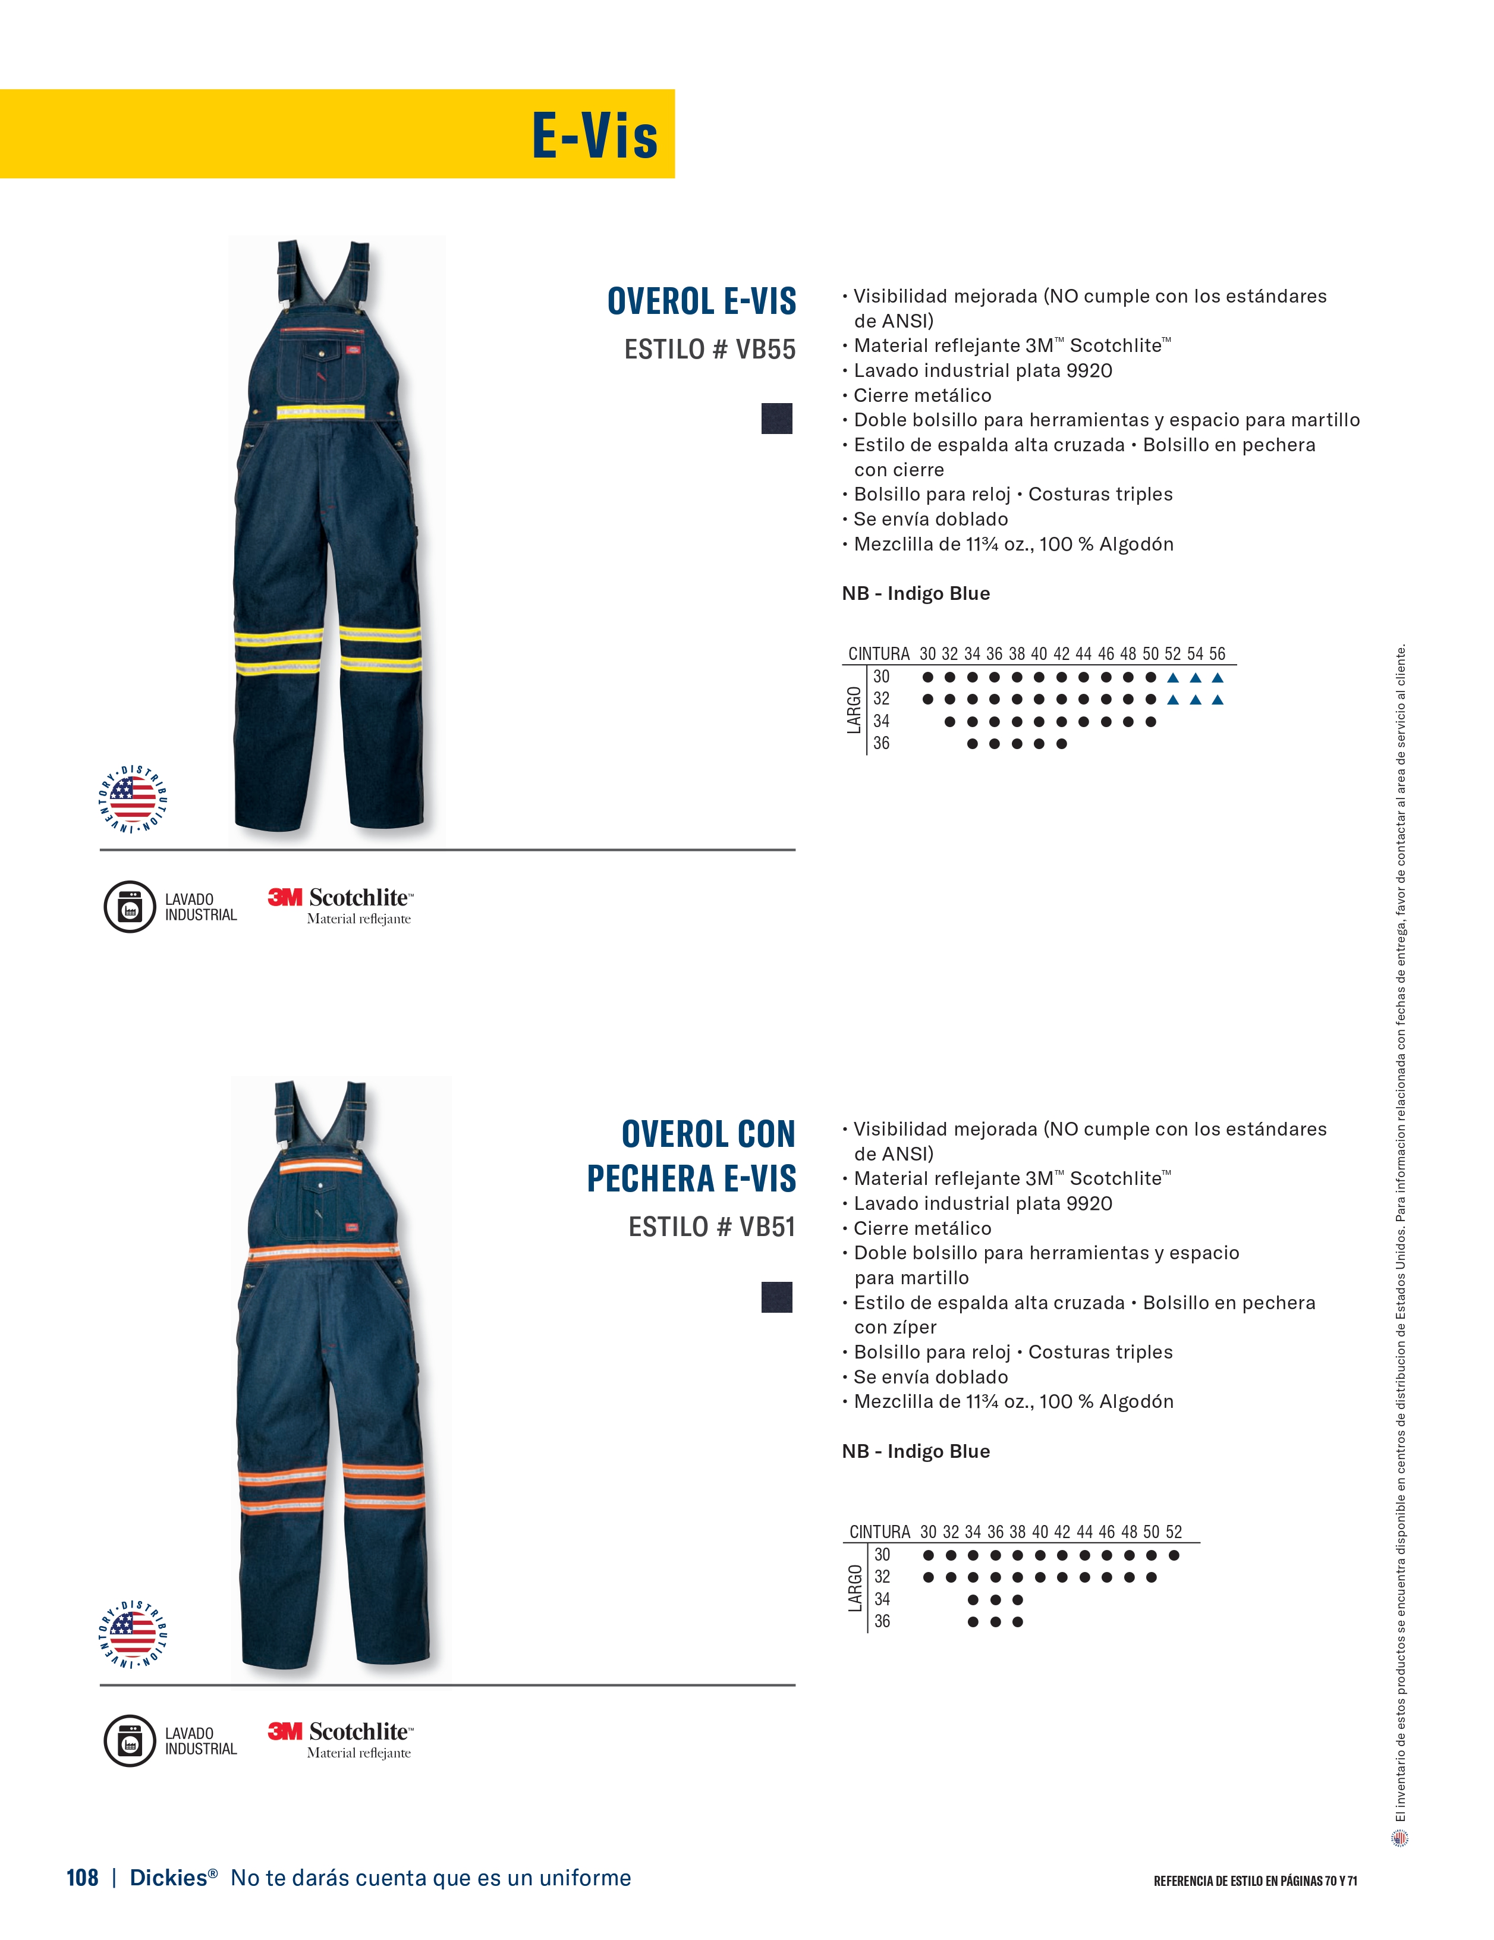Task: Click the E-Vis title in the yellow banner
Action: pos(595,136)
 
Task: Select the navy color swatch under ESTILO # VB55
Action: pos(776,419)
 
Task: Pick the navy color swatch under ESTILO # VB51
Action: pos(776,1297)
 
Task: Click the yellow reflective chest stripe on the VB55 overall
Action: pos(320,411)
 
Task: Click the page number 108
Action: pos(81,1877)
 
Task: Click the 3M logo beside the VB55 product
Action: pos(285,897)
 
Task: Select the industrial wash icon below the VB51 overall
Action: pos(130,1740)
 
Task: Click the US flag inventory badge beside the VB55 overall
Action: pos(133,798)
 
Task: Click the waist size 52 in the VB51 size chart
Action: pos(1174,1532)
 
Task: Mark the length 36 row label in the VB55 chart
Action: pos(881,744)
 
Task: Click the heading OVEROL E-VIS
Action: pos(701,301)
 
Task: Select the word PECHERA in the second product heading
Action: pos(651,1179)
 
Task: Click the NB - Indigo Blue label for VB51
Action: pos(916,1451)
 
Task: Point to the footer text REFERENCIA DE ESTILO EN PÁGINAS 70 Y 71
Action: pos(1255,1881)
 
